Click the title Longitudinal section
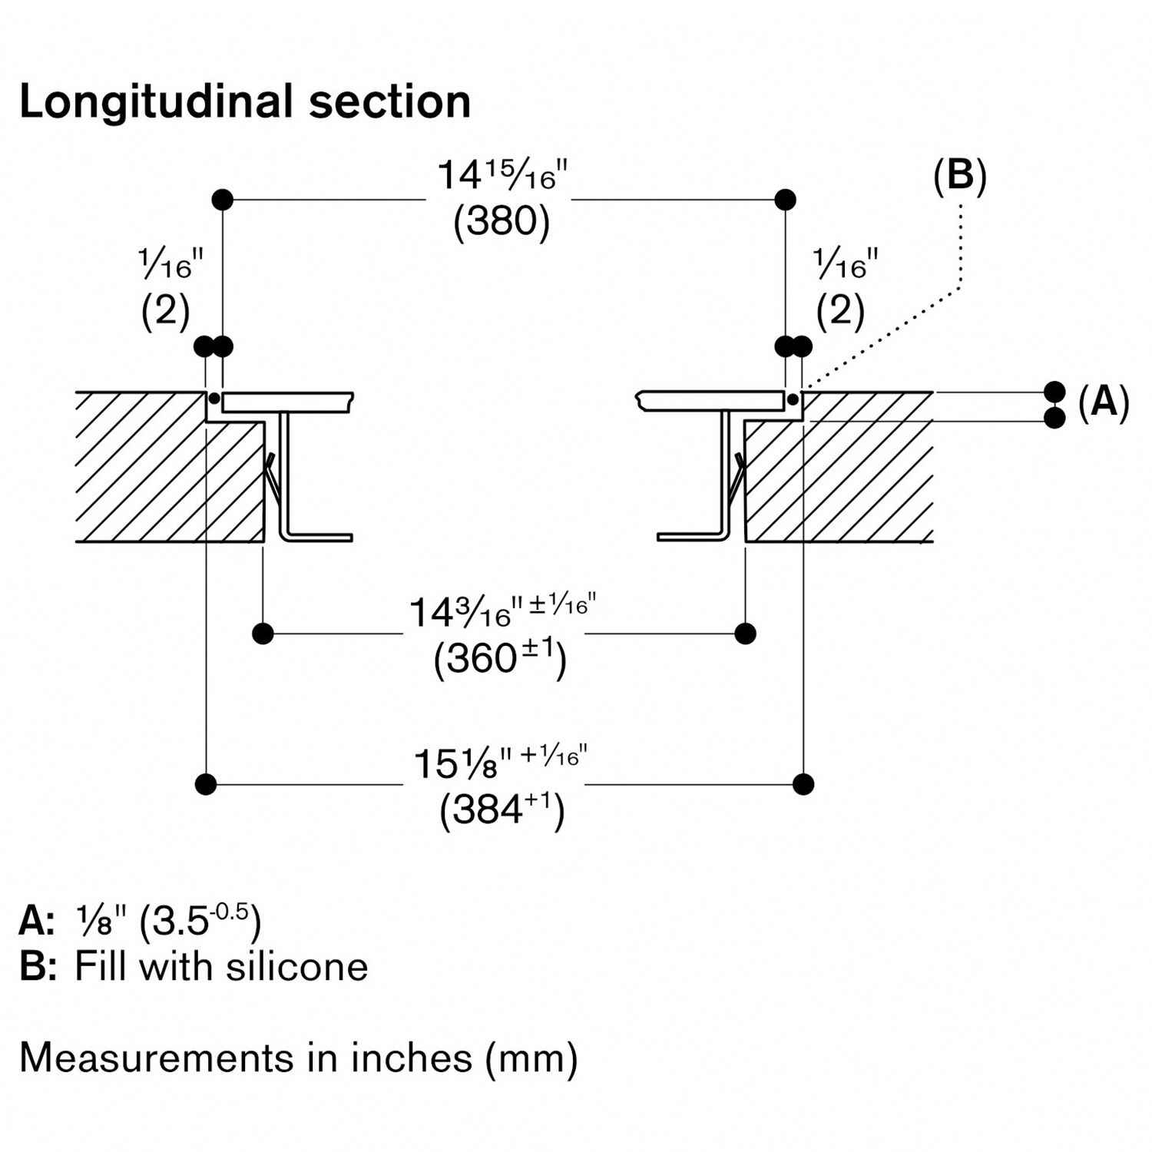click(x=245, y=101)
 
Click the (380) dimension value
click(x=502, y=222)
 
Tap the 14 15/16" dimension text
click(x=502, y=175)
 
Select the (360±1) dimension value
click(x=500, y=659)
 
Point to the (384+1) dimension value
click(x=502, y=809)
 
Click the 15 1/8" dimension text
click(x=500, y=763)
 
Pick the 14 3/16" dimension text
click(x=502, y=611)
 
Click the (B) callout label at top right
click(x=959, y=175)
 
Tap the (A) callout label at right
click(x=1104, y=401)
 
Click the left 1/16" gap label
click(x=170, y=264)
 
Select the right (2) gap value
click(x=840, y=311)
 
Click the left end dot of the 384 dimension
click(x=206, y=784)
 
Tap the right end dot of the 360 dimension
click(x=745, y=634)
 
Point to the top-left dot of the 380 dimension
click(x=222, y=200)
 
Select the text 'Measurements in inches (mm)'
click(x=298, y=1058)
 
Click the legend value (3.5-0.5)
click(x=200, y=919)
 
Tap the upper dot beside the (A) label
click(x=1055, y=392)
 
